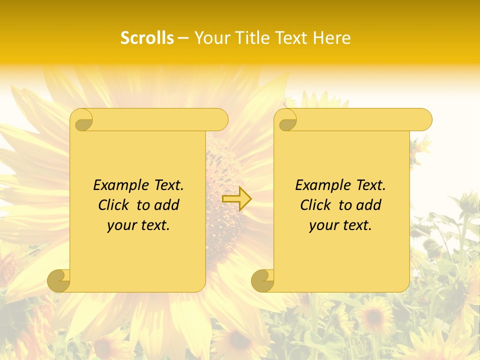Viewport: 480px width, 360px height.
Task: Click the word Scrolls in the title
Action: point(147,38)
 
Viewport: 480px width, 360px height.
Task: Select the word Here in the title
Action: point(332,38)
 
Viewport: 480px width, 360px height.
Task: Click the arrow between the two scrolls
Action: point(236,198)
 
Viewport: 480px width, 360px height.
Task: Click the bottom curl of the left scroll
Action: point(59,280)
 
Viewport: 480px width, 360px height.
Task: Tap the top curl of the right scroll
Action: point(286,120)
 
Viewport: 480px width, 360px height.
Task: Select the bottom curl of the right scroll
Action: point(263,280)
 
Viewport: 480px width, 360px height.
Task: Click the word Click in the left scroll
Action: point(113,205)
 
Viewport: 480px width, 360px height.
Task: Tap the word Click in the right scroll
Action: point(315,205)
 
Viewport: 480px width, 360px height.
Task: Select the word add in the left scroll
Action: point(167,205)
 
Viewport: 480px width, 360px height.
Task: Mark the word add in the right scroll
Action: point(369,205)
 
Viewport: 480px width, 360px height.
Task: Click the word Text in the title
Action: point(291,38)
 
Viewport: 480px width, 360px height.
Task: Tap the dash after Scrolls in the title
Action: point(183,38)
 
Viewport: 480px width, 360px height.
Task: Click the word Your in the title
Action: point(208,38)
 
